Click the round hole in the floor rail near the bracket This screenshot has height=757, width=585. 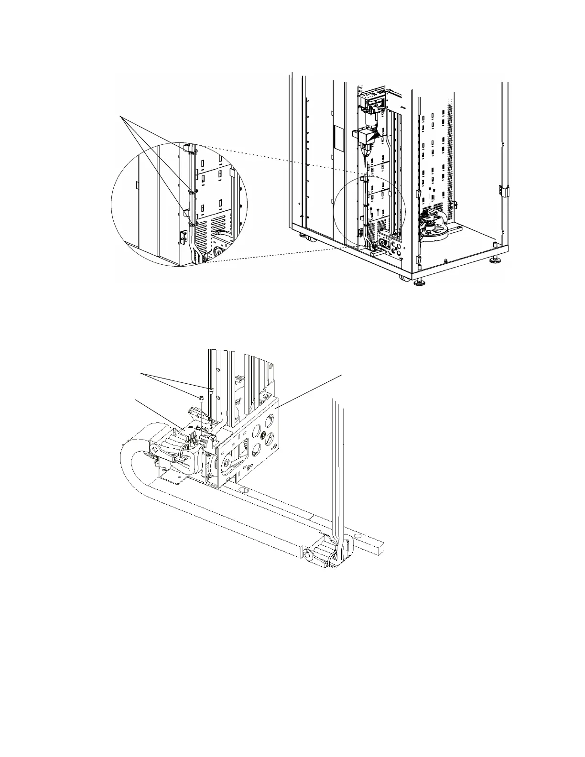pos(243,491)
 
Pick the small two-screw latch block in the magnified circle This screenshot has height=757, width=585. pos(182,237)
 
